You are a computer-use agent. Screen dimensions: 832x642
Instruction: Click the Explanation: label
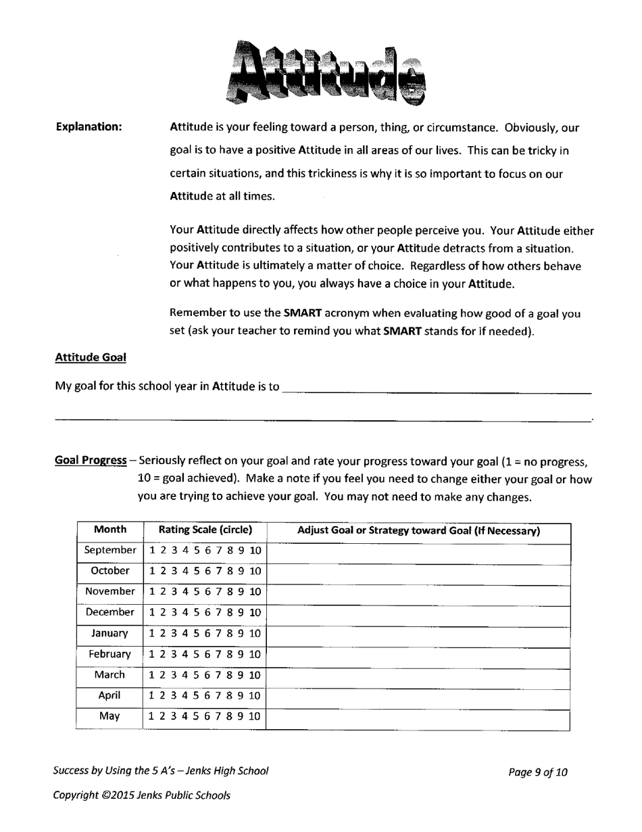pos(89,127)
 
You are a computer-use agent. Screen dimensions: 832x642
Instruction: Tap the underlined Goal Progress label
pos(91,461)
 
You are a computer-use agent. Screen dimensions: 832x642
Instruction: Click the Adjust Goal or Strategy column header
pos(418,532)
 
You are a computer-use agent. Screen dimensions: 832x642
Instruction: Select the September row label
pos(110,551)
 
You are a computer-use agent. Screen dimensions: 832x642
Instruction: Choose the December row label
pos(109,612)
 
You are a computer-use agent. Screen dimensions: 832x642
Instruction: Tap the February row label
pos(109,654)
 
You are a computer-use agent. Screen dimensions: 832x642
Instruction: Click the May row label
pos(109,716)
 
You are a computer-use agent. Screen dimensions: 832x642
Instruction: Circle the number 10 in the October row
pos(255,571)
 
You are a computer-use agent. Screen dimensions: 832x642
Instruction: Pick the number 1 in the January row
pos(153,633)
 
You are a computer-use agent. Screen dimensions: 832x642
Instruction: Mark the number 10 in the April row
pos(255,695)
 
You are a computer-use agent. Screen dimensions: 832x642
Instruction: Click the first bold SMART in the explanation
pos(302,313)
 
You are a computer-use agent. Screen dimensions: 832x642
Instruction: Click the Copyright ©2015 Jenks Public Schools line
pos(142,795)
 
